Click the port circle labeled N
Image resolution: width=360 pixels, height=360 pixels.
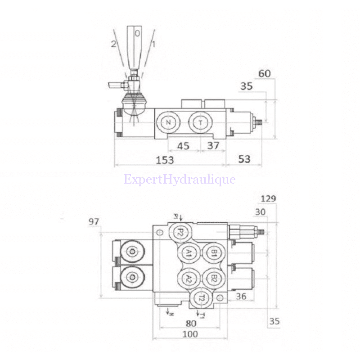coord(169,123)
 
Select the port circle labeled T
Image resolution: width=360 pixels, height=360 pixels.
coord(201,123)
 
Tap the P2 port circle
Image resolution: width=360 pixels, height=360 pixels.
coord(179,232)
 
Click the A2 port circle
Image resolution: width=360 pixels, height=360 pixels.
coord(189,278)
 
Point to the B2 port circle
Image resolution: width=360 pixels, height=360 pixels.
coord(214,278)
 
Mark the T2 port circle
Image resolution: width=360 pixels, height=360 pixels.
coord(202,298)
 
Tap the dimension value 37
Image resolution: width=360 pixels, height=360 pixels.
coord(213,146)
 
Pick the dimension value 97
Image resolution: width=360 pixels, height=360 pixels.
coord(94,221)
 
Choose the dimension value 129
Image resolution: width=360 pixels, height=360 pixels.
coord(268,198)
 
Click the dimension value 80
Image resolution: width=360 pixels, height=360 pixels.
coord(190,323)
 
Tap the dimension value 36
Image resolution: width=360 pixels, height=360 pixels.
coord(241,296)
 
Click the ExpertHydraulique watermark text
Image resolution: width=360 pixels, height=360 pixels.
coord(180,180)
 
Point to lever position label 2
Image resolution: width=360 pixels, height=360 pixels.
coord(114,44)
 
